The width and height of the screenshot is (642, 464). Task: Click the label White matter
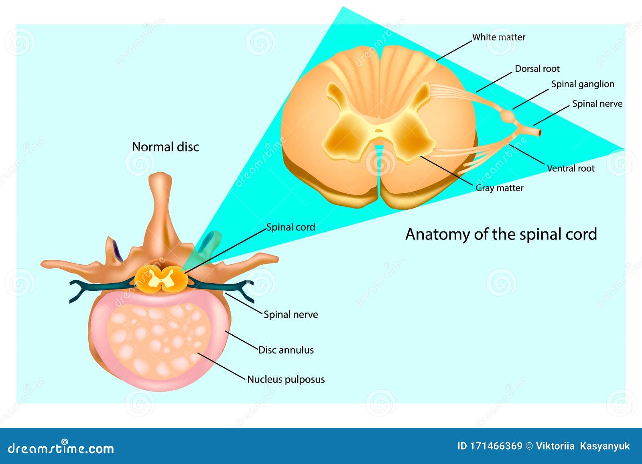point(498,37)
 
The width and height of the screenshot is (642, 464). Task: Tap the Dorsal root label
point(537,69)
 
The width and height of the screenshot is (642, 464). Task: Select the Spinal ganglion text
point(582,84)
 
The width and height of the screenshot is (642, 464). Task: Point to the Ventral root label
point(571,168)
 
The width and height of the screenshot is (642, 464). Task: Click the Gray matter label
point(499,188)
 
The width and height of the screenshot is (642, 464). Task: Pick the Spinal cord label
point(291,227)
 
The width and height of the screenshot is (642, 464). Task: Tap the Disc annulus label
point(286,350)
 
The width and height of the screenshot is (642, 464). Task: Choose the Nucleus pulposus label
point(286,379)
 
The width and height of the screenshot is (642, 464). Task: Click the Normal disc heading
point(165,147)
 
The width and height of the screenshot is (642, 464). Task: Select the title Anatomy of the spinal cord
point(501,235)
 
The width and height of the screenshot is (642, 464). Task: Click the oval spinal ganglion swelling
point(507,116)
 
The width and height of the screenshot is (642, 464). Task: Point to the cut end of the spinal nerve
point(539,132)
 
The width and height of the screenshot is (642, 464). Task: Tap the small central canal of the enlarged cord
point(379,130)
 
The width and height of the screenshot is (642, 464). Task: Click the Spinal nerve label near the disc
point(291,315)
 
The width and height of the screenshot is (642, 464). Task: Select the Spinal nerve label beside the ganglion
point(597,104)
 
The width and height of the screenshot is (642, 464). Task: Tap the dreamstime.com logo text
point(61,448)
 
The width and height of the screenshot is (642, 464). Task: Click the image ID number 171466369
point(496,446)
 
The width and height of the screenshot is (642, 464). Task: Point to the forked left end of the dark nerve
point(75,291)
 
